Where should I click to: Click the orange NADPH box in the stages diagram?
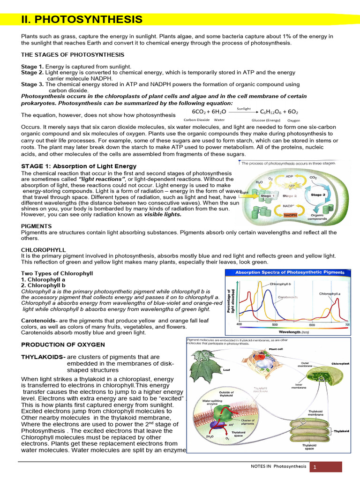coord(291,215)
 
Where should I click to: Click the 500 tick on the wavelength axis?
coord(275,324)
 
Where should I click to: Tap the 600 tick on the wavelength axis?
coord(312,325)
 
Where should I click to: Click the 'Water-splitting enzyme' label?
coord(210,403)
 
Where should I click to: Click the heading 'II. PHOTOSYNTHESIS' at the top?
coord(82,20)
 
